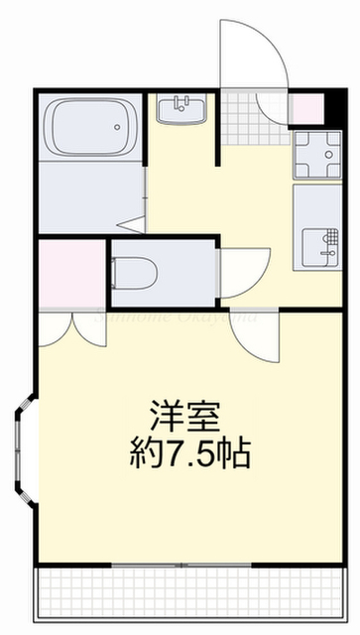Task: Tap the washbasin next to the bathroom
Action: coord(181,109)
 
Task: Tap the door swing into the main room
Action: coord(260,337)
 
